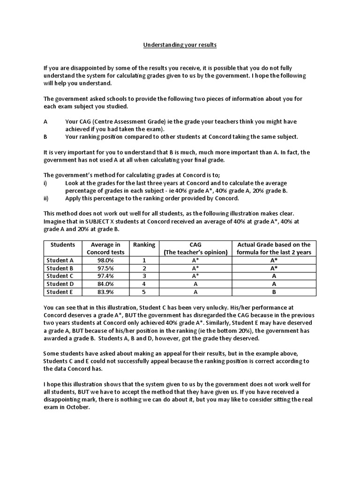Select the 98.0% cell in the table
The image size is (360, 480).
(105, 260)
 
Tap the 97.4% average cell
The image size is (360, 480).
(105, 276)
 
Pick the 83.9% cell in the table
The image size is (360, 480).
(105, 292)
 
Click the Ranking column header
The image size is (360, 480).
(144, 245)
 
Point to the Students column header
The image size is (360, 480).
(63, 245)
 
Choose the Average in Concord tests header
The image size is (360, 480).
(105, 248)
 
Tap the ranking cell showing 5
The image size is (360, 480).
(144, 292)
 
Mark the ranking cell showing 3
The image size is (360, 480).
(144, 276)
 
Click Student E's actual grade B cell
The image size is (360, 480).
(274, 292)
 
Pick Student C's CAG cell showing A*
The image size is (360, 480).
(195, 276)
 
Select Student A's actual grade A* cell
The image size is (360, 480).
(274, 260)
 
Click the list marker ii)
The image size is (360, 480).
(46, 198)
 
